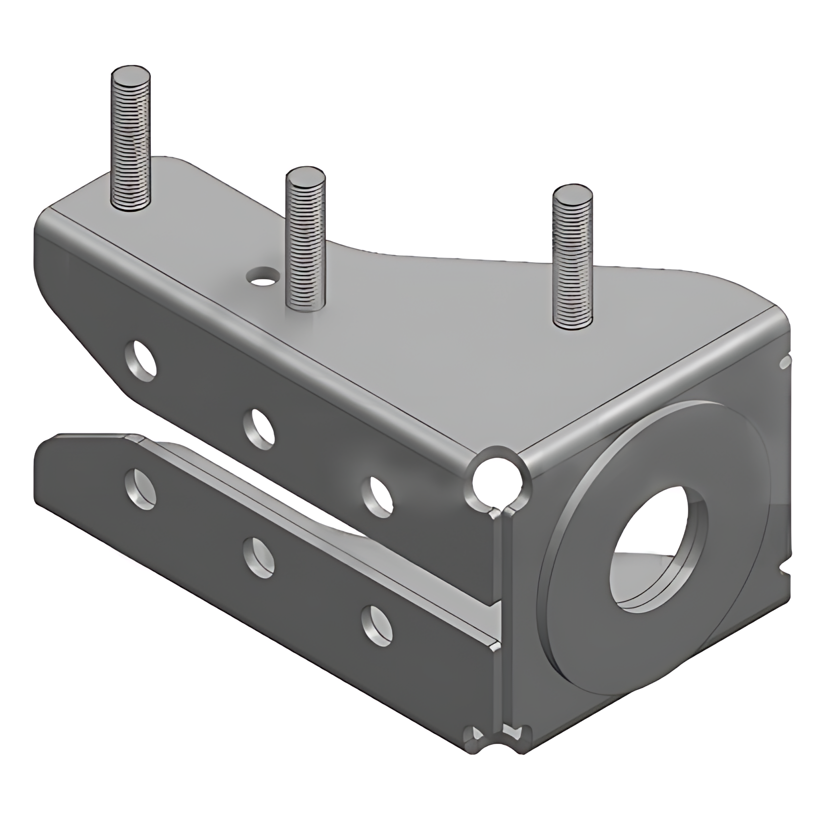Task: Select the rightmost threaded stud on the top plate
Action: pos(572,262)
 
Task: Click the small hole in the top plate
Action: pos(263,276)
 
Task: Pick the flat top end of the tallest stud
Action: pos(131,78)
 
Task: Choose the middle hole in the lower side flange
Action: pos(260,558)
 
